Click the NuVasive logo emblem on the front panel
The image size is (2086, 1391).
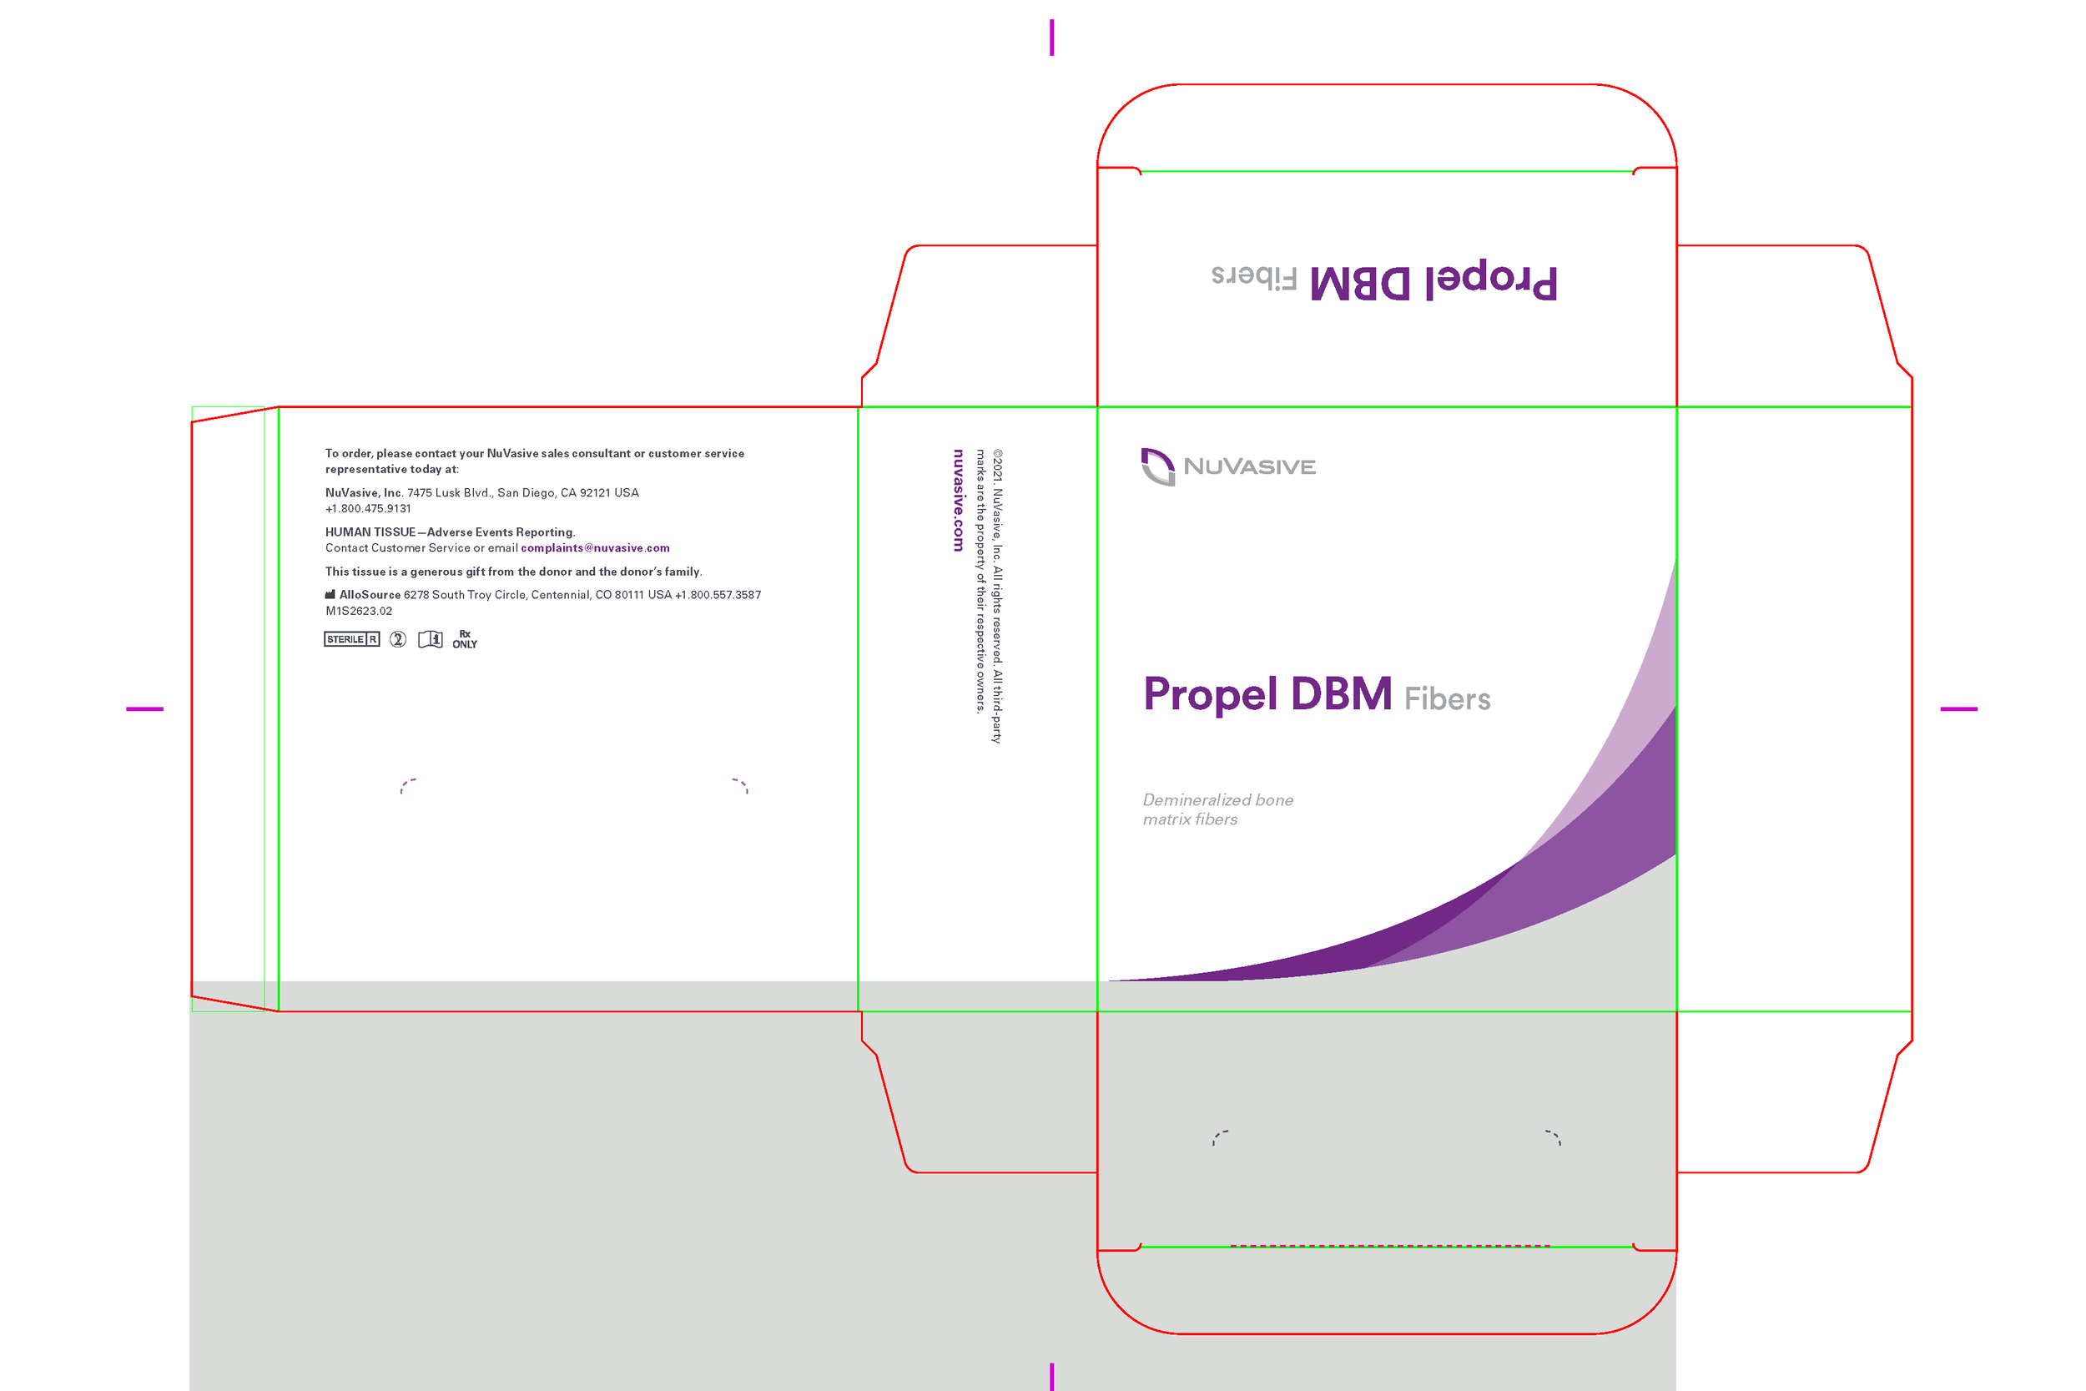point(1157,466)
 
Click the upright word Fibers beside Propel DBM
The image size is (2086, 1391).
point(1447,699)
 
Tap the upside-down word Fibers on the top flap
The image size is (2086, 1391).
point(1254,276)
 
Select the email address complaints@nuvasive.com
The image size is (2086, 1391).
point(595,548)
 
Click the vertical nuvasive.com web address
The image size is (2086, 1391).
point(958,501)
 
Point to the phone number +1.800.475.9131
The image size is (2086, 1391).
point(368,509)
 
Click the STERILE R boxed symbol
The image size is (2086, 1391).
point(351,640)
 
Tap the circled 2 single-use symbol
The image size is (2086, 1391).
point(398,640)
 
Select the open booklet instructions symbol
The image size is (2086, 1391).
point(431,640)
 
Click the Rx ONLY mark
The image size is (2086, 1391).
point(465,640)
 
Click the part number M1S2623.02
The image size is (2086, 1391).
point(358,612)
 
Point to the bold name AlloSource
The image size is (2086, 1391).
point(370,595)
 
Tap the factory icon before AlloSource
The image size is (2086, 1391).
point(330,594)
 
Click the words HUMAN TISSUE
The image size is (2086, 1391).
point(370,532)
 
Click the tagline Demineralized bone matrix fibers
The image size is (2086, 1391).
point(1217,809)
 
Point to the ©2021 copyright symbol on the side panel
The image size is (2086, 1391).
point(998,454)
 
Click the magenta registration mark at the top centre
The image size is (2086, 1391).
point(1052,38)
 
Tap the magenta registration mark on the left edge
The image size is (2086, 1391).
point(144,708)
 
